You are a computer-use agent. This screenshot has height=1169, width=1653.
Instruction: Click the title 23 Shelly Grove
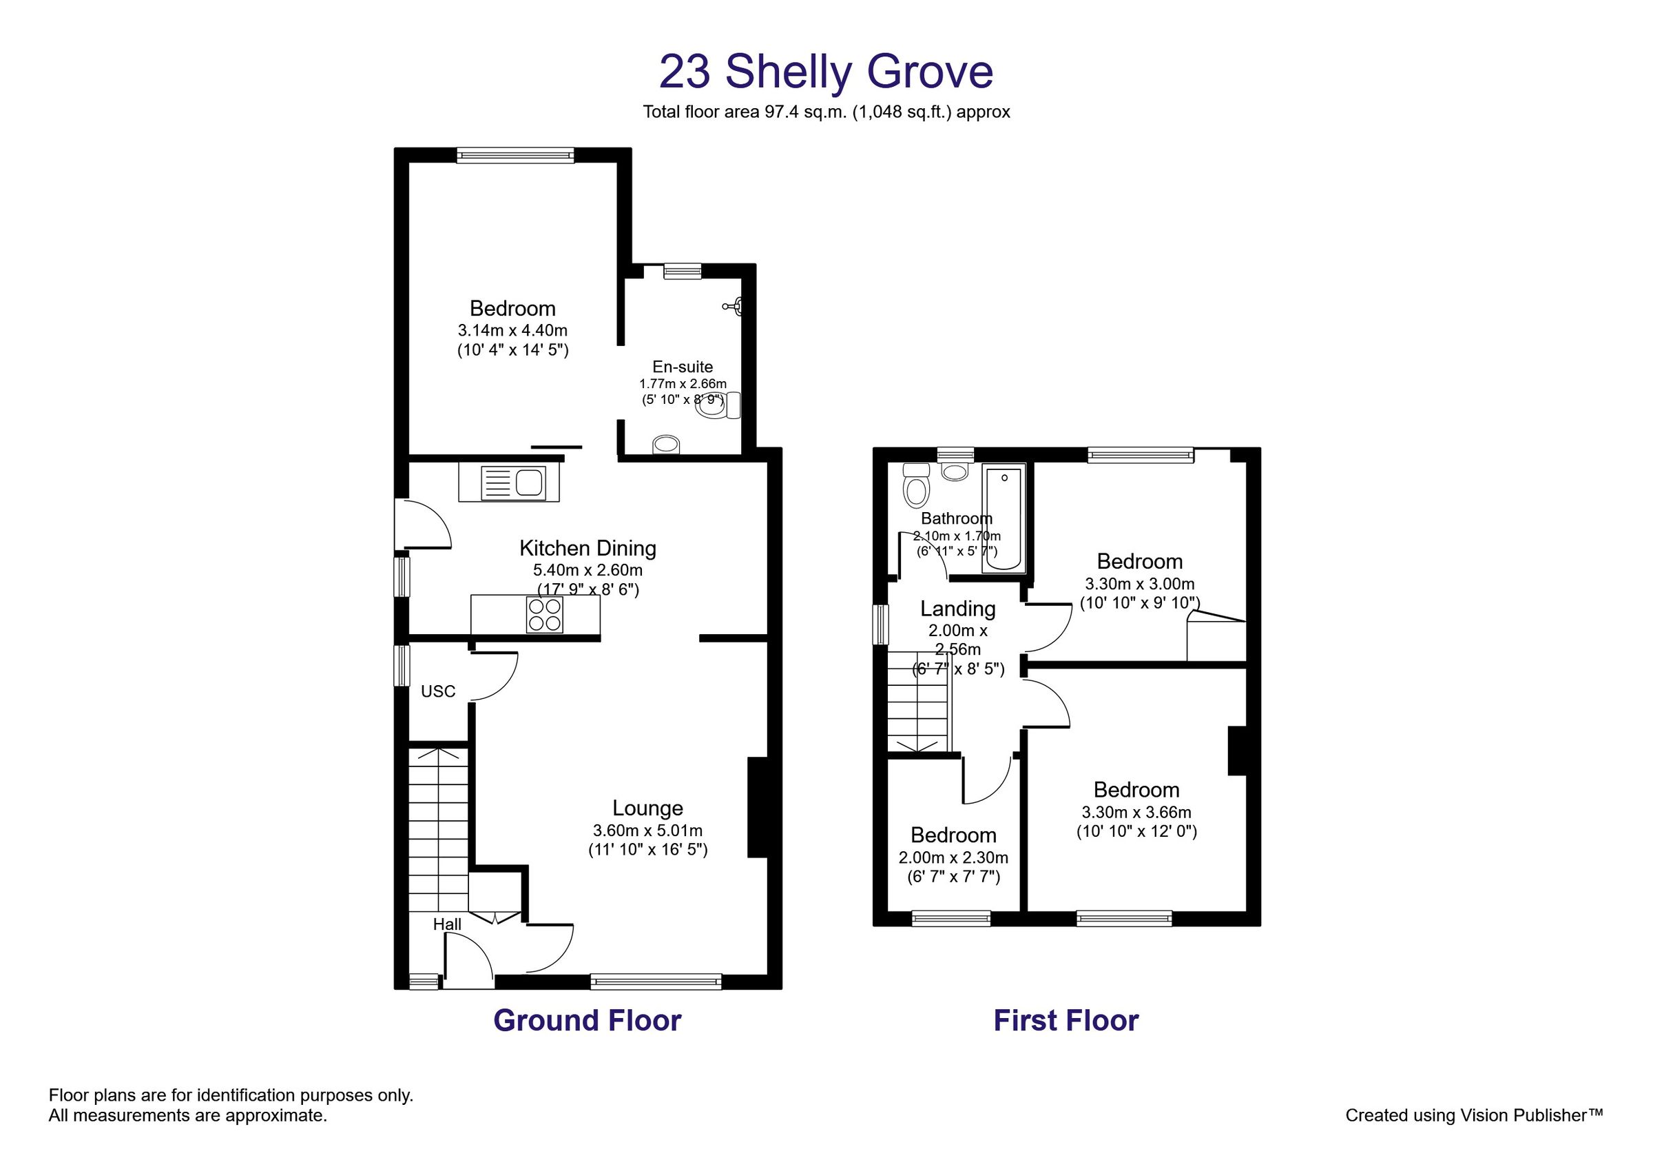(826, 72)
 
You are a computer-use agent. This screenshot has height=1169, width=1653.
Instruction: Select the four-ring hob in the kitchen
(544, 615)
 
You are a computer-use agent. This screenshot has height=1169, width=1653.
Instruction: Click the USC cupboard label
(438, 691)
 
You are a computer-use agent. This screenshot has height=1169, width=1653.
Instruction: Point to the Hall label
(447, 924)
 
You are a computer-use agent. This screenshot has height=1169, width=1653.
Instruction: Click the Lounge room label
(647, 808)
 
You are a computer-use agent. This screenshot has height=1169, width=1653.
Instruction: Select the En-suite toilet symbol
(718, 405)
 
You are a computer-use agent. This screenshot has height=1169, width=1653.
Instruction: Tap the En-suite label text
(683, 367)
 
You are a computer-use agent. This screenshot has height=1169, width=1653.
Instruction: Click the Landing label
(957, 609)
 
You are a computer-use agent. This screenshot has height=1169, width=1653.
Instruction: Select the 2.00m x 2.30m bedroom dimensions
(953, 858)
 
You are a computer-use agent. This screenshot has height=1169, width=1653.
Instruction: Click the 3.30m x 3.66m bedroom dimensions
(1136, 813)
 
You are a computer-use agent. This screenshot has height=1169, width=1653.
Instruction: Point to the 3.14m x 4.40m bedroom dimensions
(512, 331)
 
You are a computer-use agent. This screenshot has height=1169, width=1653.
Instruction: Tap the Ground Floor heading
(587, 1021)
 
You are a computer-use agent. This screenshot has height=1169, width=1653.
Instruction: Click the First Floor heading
(1065, 1021)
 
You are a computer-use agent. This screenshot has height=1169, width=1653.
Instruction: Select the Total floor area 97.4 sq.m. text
(826, 112)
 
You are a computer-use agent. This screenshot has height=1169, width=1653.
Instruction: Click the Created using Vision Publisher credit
(1474, 1116)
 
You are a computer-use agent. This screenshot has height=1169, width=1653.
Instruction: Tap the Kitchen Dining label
(588, 549)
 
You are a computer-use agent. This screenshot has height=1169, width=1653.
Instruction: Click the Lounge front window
(655, 980)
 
